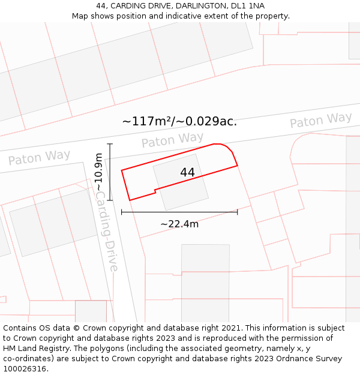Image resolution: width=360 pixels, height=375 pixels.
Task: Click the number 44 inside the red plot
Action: coord(187,172)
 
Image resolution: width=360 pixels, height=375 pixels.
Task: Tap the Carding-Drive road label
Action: coord(107,231)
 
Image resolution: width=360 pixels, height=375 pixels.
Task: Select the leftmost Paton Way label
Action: coord(39,158)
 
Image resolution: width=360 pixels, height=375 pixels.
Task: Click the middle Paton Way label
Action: coord(172,140)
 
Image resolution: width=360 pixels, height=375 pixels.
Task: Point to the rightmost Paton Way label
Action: coord(320,120)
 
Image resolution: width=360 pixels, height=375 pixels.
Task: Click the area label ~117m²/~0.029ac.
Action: coord(179,121)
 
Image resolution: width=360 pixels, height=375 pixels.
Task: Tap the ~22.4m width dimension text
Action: coord(179,224)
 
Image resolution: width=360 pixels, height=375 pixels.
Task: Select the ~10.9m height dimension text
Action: coord(99,172)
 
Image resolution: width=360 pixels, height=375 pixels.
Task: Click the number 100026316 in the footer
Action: coord(25,369)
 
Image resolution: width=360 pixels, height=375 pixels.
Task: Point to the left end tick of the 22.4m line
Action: coord(122,212)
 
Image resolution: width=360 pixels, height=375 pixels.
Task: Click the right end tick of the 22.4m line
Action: coord(238,212)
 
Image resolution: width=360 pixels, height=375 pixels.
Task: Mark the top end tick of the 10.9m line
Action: coord(110,144)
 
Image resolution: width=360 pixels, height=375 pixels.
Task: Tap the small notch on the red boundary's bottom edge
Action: coord(155,191)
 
